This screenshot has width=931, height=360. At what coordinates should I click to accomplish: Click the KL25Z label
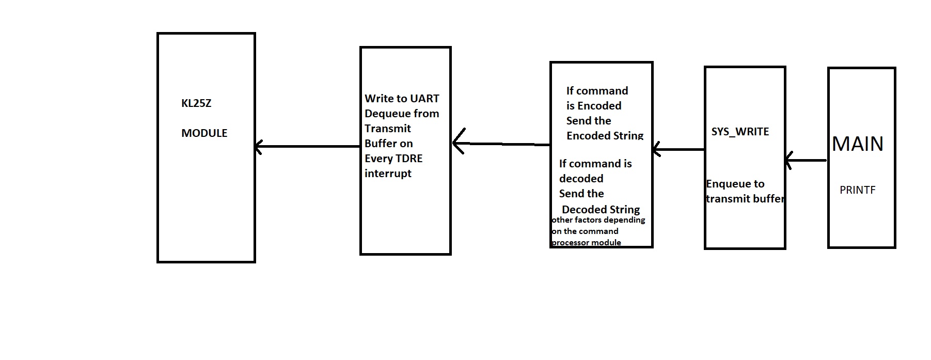(x=196, y=103)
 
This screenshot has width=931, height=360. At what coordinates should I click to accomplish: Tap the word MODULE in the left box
(x=204, y=133)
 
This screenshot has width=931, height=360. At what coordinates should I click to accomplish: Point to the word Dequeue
(x=386, y=114)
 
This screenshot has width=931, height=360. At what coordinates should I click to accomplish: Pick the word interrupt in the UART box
(x=388, y=174)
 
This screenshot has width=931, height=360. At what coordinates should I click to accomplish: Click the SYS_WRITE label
(x=740, y=132)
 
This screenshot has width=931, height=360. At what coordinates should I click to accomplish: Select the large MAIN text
(x=858, y=144)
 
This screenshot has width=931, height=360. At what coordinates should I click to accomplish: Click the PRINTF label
(x=857, y=190)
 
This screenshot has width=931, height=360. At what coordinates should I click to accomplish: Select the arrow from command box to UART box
(x=501, y=144)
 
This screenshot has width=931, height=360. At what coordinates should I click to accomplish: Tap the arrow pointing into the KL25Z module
(x=308, y=147)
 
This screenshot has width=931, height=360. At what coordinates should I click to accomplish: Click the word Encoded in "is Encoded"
(x=599, y=106)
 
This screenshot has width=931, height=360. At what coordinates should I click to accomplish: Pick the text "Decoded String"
(x=601, y=210)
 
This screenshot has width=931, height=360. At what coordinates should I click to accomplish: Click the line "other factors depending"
(x=598, y=220)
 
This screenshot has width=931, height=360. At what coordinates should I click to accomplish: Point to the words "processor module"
(x=587, y=243)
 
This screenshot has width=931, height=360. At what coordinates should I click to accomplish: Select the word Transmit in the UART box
(x=388, y=129)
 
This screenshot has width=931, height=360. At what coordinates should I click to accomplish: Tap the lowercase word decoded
(x=581, y=179)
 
